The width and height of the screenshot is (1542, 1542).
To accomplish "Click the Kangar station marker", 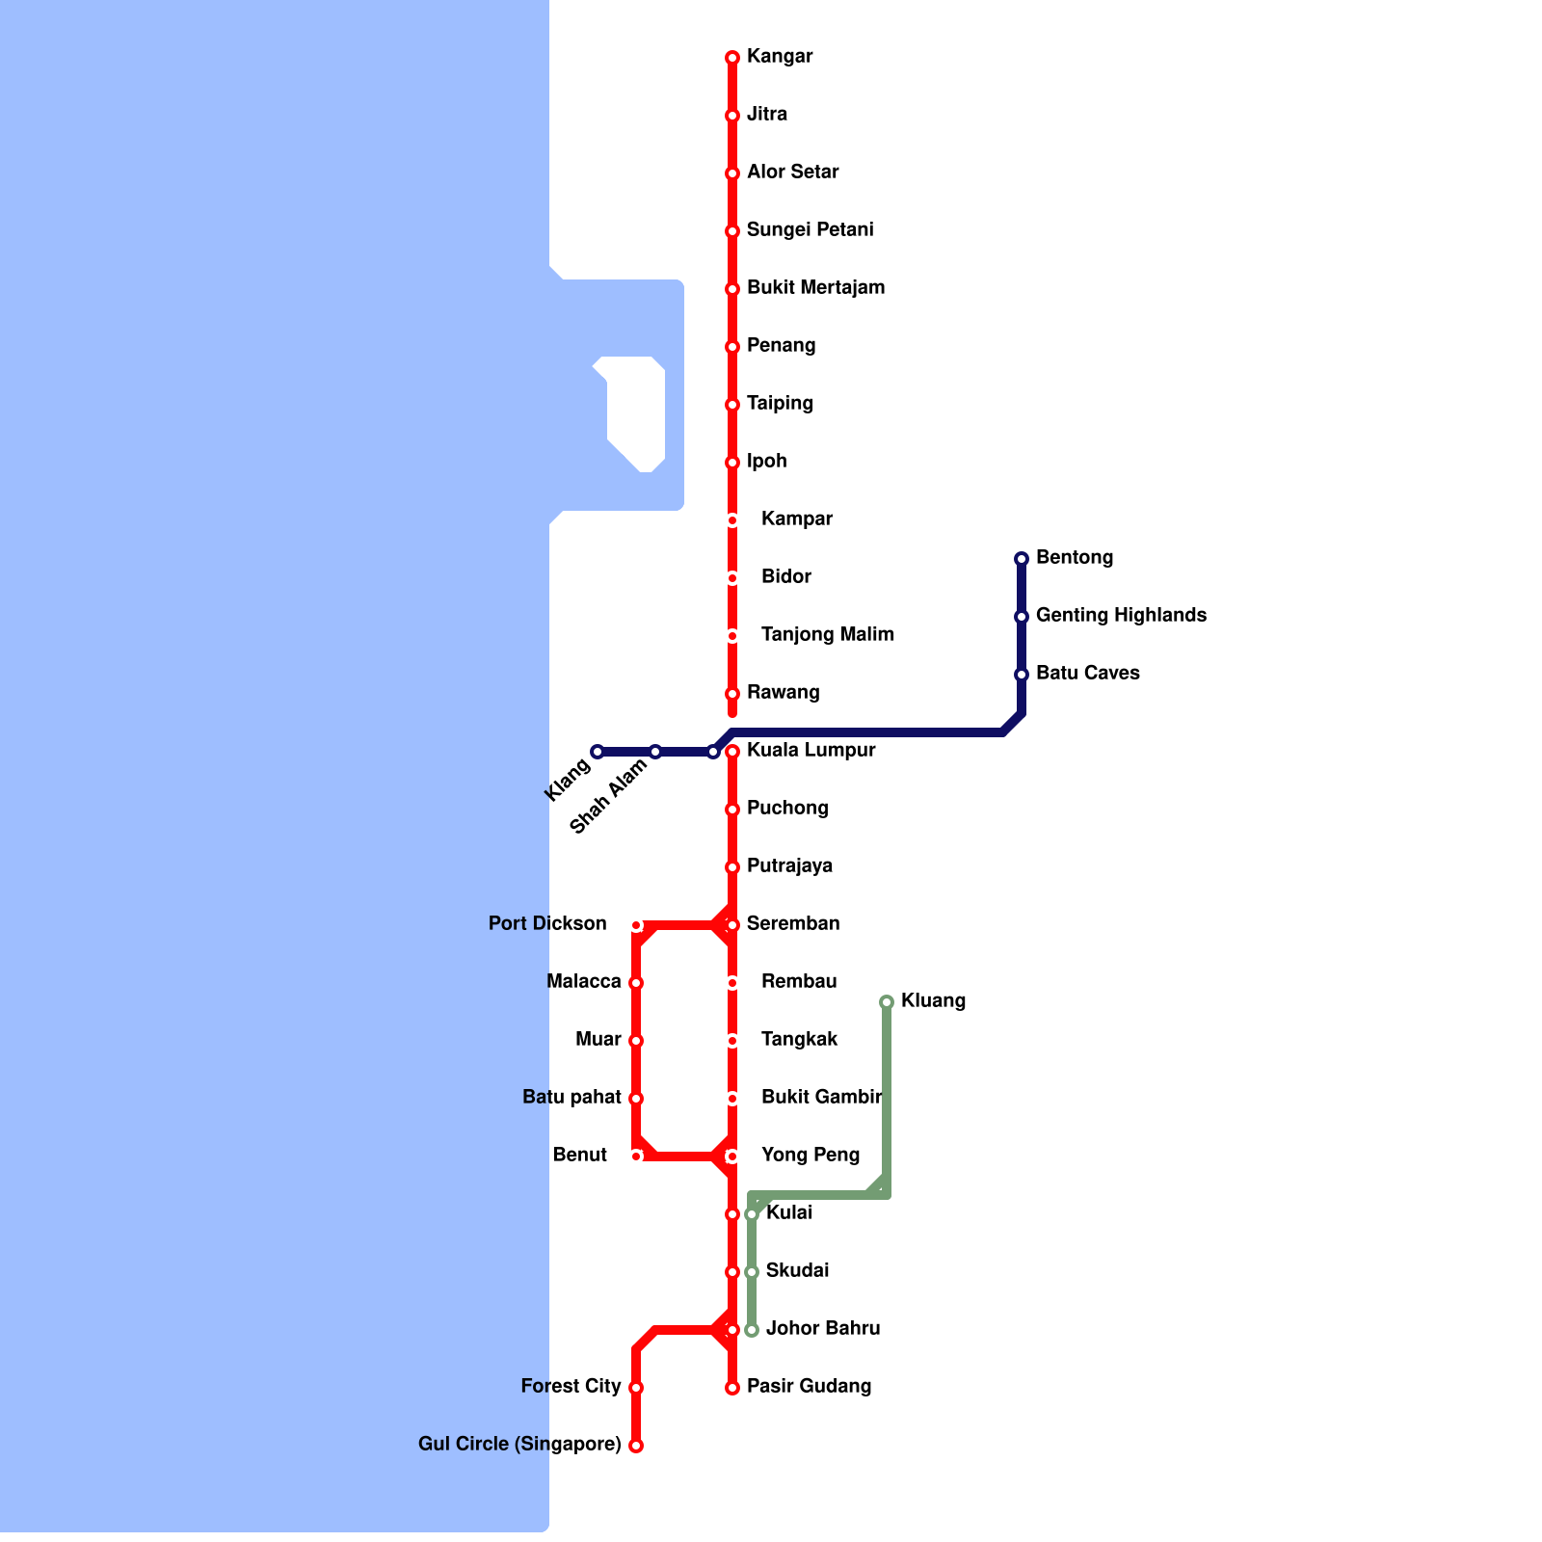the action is tap(732, 58).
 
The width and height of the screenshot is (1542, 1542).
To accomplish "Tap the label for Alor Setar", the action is tap(792, 172).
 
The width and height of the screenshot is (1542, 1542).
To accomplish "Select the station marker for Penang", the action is tap(732, 347).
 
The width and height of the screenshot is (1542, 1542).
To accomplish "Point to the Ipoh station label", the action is tap(766, 461).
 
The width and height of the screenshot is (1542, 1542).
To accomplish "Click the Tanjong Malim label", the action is tap(827, 634).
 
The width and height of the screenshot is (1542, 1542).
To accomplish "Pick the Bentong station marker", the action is tap(1022, 559).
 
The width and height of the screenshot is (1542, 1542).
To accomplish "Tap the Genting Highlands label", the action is tap(1121, 615).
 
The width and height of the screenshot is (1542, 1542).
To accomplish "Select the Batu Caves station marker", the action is tap(1022, 675).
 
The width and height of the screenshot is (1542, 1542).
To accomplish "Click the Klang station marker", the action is tap(598, 752).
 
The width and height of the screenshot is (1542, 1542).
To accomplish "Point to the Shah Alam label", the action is tap(608, 797).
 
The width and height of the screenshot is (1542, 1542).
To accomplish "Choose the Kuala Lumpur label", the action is tap(811, 750).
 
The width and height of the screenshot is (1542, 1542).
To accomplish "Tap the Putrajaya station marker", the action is tap(732, 867).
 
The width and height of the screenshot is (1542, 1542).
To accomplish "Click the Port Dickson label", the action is tap(547, 923).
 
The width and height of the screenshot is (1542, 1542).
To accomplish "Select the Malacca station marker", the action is tap(636, 983).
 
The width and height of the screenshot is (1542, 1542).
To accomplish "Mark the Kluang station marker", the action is tap(887, 1002).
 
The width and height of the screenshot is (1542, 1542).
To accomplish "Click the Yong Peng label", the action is tap(810, 1155).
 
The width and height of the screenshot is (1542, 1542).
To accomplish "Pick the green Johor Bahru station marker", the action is tap(752, 1330).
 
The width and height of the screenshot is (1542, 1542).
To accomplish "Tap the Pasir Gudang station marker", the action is tap(732, 1388).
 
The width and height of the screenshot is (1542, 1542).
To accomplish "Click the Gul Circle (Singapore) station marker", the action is tap(636, 1446).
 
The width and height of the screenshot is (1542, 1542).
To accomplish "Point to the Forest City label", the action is tap(571, 1386).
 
